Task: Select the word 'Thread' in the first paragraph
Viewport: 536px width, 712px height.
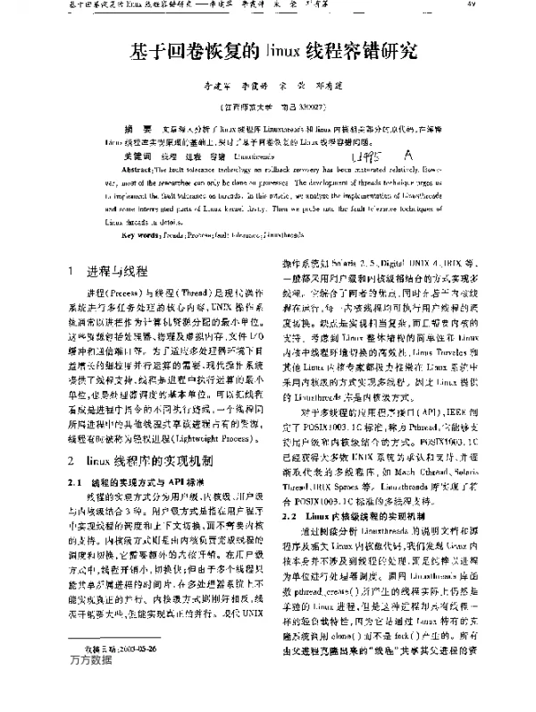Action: (x=191, y=293)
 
